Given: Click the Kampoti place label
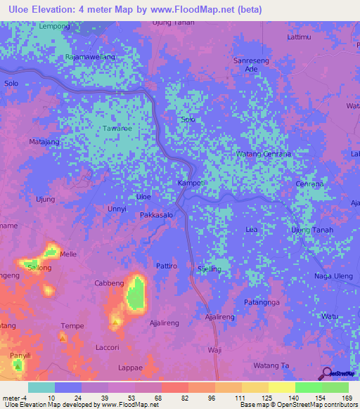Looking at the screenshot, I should click(191, 183).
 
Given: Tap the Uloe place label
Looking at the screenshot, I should click(143, 197).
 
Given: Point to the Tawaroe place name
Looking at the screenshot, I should click(117, 129).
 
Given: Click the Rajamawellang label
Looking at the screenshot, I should click(89, 56).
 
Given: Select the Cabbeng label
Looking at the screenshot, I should click(109, 283).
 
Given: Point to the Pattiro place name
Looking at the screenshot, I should click(166, 266).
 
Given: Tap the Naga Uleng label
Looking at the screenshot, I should click(333, 277).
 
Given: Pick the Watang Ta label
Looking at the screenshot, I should click(271, 365).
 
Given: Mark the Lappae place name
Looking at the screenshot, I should click(131, 368).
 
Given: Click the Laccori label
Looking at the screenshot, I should click(107, 347).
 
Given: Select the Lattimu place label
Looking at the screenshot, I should click(299, 35).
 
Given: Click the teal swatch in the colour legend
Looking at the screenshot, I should click(41, 387).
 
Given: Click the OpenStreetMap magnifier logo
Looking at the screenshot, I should click(327, 373).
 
